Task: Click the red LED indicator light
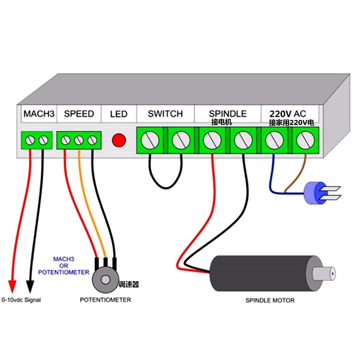119,140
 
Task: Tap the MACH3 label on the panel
39,114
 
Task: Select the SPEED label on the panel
79,114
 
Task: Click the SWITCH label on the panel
165,114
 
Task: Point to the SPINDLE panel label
228,114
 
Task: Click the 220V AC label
288,113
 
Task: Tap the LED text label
119,114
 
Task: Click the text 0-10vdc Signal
21,300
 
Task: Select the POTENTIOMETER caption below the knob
105,300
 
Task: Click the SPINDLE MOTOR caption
270,300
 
